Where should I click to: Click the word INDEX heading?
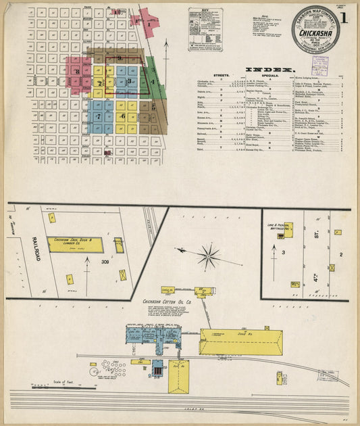coord(269,70)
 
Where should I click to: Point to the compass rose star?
coord(208,256)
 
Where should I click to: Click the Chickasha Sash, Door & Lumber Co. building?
coord(75,244)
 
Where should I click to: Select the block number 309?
coord(105,261)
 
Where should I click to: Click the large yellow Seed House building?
coord(240,341)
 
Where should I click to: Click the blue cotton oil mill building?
coord(153,337)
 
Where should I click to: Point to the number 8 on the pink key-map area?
coord(78,71)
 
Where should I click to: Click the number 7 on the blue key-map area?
coord(99,117)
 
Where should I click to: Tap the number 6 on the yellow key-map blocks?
coord(122,116)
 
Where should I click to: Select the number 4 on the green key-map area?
coord(153,82)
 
